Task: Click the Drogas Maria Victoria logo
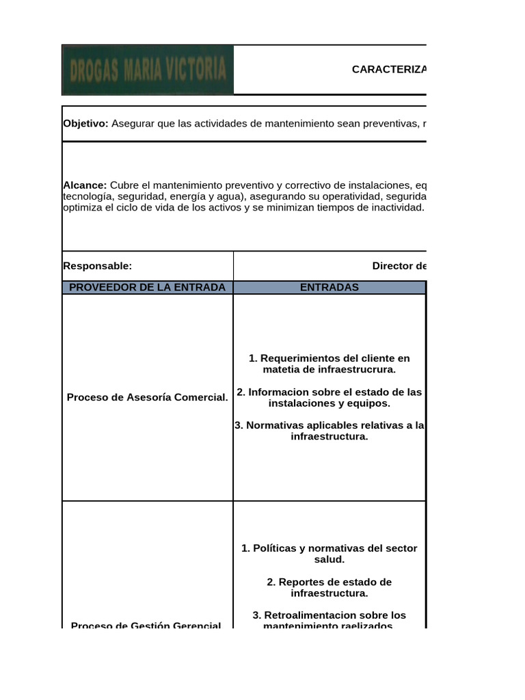(x=148, y=70)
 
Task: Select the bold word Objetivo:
(x=85, y=124)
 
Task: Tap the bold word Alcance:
(x=85, y=185)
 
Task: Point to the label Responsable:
(x=97, y=266)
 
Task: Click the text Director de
(x=399, y=266)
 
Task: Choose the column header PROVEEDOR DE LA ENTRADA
(x=147, y=287)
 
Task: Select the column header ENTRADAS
(x=329, y=287)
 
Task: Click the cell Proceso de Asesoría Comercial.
(x=147, y=397)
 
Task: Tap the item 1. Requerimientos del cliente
(x=329, y=358)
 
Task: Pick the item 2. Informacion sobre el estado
(x=329, y=392)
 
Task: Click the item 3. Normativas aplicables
(x=329, y=425)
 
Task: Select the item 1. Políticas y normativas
(x=329, y=548)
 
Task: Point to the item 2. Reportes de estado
(x=329, y=582)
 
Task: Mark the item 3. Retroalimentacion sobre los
(x=329, y=615)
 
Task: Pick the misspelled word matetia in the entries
(x=280, y=369)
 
